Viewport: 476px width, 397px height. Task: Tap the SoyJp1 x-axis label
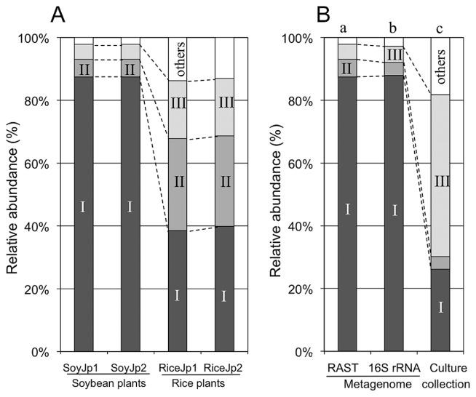[83, 368]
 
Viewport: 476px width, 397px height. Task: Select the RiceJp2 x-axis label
[225, 368]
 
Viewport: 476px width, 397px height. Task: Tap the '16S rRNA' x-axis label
[394, 368]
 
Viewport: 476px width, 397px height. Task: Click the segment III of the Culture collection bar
[441, 175]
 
